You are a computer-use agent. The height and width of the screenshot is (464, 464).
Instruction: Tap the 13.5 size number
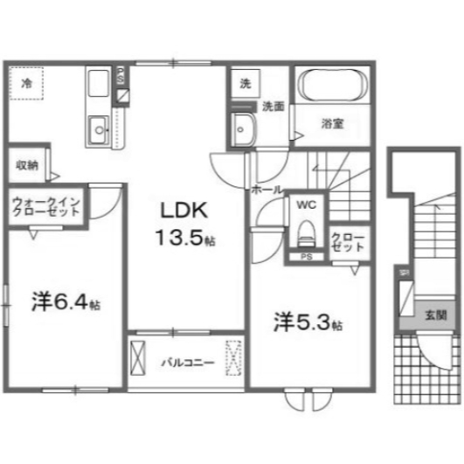[181, 236]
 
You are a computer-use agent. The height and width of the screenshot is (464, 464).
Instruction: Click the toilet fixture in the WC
[305, 231]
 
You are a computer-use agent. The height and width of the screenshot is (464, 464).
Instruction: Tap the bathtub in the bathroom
[332, 87]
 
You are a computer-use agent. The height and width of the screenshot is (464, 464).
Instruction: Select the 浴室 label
[331, 123]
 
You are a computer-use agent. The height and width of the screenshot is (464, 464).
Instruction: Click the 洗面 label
[273, 106]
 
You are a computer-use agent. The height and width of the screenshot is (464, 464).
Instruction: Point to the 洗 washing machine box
[245, 85]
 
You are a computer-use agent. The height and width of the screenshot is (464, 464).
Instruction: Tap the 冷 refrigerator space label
[27, 84]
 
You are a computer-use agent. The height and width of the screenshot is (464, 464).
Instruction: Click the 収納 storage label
[26, 164]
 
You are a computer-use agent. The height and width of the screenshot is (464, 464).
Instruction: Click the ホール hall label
[266, 189]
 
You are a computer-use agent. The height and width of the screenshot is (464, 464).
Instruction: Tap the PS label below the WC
[305, 257]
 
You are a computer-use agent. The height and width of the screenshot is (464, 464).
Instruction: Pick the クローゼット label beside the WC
[348, 242]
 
